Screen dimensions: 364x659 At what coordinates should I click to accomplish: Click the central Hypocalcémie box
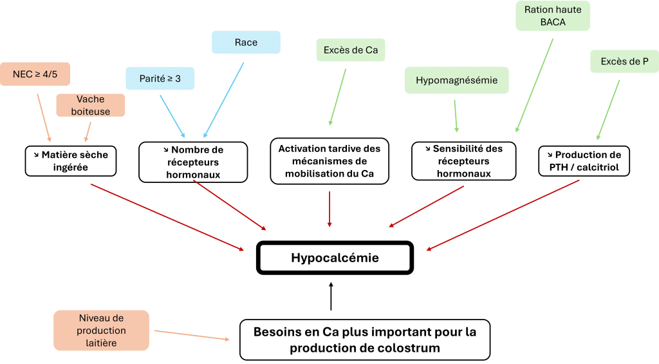(335, 258)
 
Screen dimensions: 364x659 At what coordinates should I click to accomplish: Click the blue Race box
(246, 43)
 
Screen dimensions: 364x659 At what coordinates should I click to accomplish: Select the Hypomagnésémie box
(456, 81)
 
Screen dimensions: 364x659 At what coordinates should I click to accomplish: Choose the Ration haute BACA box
(553, 16)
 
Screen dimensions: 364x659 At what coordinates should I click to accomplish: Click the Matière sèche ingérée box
(71, 161)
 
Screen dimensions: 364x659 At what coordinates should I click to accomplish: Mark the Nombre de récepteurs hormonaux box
(193, 161)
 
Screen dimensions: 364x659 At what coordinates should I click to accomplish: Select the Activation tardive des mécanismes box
(329, 161)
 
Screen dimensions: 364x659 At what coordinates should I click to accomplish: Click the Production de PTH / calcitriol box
(584, 161)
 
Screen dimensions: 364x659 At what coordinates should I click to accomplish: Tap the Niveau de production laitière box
(101, 330)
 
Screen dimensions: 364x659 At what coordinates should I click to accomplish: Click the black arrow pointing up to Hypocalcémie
(331, 296)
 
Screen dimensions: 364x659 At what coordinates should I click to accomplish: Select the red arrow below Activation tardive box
(329, 209)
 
